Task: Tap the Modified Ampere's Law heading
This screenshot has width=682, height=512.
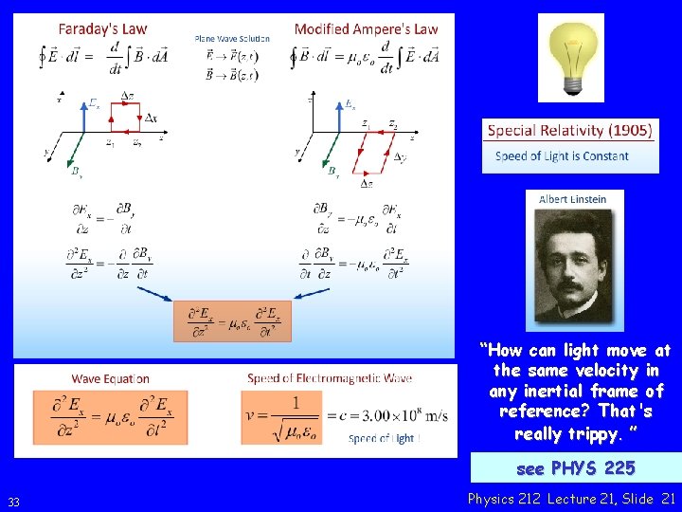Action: point(366,28)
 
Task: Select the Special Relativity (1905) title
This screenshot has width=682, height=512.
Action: point(570,131)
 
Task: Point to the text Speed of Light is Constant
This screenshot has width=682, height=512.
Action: point(562,155)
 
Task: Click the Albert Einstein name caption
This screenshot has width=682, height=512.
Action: point(572,199)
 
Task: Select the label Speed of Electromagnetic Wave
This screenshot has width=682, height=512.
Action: point(330,379)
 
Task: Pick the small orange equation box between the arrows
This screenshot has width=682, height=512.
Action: point(232,321)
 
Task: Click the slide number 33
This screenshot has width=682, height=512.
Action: point(13,502)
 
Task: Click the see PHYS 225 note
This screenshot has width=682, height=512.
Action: point(575,468)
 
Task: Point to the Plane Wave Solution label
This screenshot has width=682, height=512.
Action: point(232,39)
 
